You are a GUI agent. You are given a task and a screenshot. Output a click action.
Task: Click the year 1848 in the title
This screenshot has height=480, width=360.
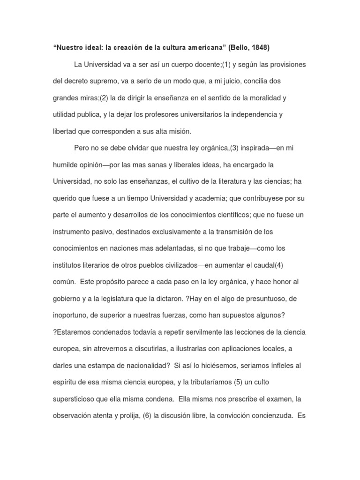(x=260, y=47)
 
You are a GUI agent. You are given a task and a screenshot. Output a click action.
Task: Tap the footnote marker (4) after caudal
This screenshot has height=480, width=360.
(x=279, y=265)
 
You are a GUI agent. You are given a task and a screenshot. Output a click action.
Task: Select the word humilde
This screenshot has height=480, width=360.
(x=65, y=165)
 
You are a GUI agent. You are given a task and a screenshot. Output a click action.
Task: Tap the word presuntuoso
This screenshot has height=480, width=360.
(x=260, y=299)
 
